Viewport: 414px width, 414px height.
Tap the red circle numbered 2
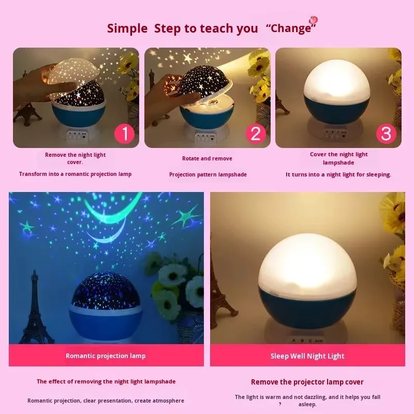point(256,134)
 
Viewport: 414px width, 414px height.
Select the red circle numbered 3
point(386,134)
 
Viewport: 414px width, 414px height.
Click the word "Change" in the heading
point(291,28)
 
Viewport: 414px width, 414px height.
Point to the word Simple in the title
point(127,28)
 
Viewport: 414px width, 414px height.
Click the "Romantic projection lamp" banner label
point(106,356)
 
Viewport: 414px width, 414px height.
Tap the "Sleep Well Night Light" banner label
point(307,356)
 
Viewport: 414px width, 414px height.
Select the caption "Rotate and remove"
point(207,158)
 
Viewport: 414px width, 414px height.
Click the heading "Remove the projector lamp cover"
point(307,382)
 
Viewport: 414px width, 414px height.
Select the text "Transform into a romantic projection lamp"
point(75,174)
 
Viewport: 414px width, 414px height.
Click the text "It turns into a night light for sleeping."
point(338,174)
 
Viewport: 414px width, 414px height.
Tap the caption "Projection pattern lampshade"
point(208,174)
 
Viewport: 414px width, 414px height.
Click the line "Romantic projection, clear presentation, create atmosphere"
point(106,401)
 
